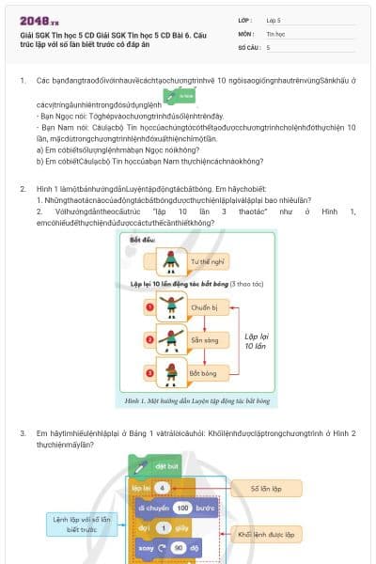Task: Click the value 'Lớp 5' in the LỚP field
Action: (274, 19)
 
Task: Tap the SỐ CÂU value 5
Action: (269, 46)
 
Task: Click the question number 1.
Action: (23, 82)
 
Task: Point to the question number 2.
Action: (23, 189)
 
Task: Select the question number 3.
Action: (23, 433)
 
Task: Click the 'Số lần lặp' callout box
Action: (268, 489)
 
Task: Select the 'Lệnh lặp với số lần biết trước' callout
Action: (82, 525)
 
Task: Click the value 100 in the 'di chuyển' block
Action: (182, 507)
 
